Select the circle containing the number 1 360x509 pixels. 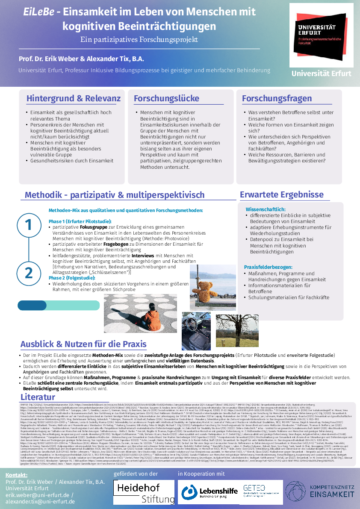(29, 224)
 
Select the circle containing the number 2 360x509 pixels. (29, 272)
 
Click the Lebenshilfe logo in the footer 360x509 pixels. (208, 491)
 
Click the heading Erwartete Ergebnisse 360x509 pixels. (281, 194)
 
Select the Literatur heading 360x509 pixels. (38, 397)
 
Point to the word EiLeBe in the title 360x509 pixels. (39, 12)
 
